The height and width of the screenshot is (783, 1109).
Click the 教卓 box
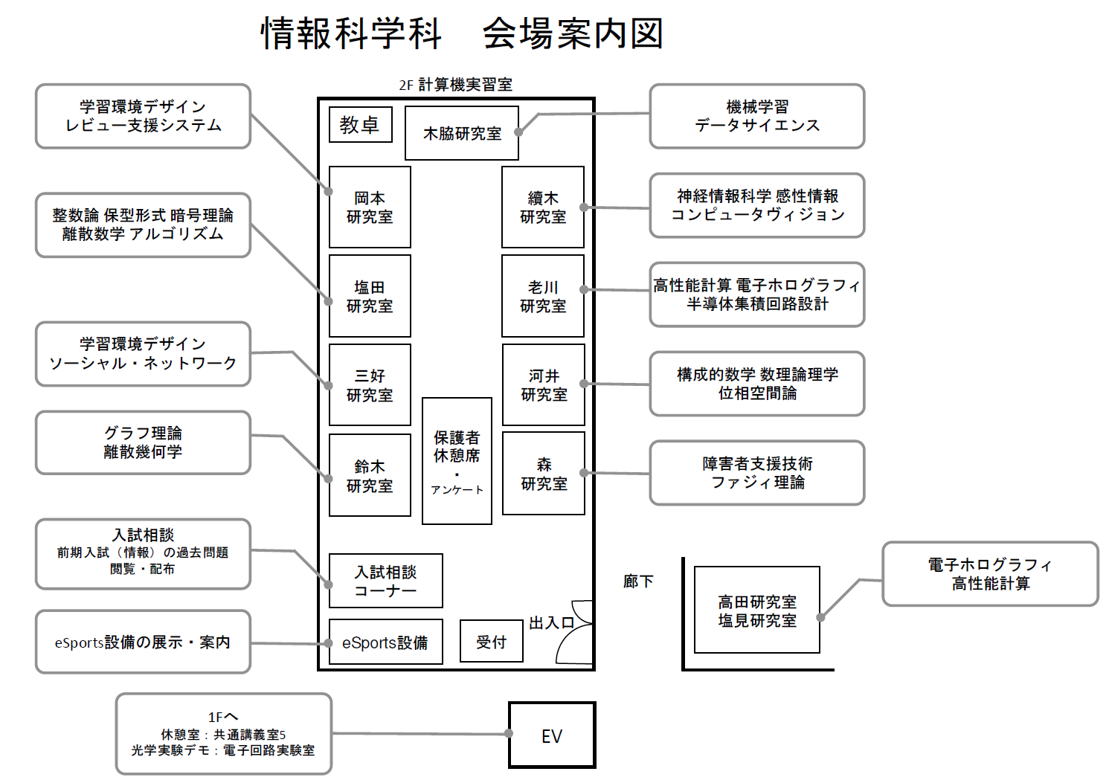tap(361, 125)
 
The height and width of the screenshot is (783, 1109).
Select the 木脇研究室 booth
tap(462, 133)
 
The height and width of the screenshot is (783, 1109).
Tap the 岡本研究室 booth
tap(370, 207)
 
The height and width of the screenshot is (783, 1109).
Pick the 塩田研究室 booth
tap(370, 296)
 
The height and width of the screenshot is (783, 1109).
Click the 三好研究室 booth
tap(370, 385)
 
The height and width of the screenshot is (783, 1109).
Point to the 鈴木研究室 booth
tap(370, 475)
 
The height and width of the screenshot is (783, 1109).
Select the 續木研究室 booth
tap(543, 207)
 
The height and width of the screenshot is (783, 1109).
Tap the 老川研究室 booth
tap(543, 296)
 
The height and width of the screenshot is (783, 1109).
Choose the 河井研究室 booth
tap(544, 384)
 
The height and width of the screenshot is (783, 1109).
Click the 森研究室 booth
tap(544, 474)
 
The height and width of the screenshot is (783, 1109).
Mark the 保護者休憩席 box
tap(457, 461)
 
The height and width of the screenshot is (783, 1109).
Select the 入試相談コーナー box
tap(386, 581)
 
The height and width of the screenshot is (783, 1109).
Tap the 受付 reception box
tap(492, 642)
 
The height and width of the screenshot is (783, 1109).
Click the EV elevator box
tap(552, 735)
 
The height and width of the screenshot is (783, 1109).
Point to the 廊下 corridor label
tap(638, 581)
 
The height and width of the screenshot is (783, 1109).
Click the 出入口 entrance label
tap(552, 623)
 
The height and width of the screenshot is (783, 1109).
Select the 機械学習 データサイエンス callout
tap(757, 116)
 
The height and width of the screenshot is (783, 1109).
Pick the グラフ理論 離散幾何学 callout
tap(143, 442)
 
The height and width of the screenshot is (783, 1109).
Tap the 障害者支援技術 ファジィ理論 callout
tap(757, 473)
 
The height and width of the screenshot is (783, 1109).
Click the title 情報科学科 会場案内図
tap(461, 33)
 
